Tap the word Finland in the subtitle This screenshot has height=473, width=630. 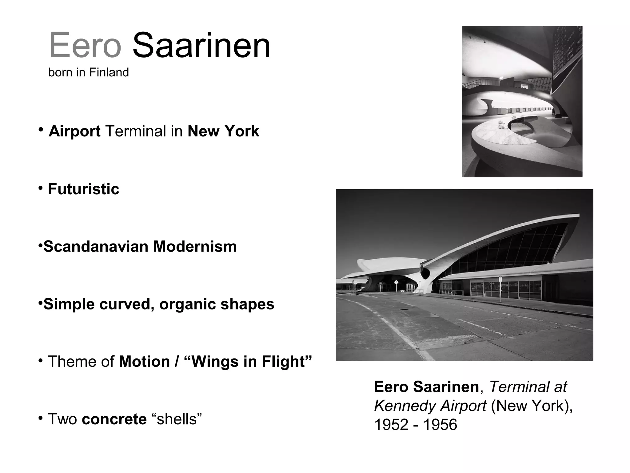[109, 73]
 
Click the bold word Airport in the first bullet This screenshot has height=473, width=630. [74, 131]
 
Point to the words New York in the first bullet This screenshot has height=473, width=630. [223, 131]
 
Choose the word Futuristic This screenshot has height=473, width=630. [83, 189]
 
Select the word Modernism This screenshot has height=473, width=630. [195, 247]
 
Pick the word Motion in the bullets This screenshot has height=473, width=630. [144, 362]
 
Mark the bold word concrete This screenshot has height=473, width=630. [114, 419]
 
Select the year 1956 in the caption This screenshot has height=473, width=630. [440, 425]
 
